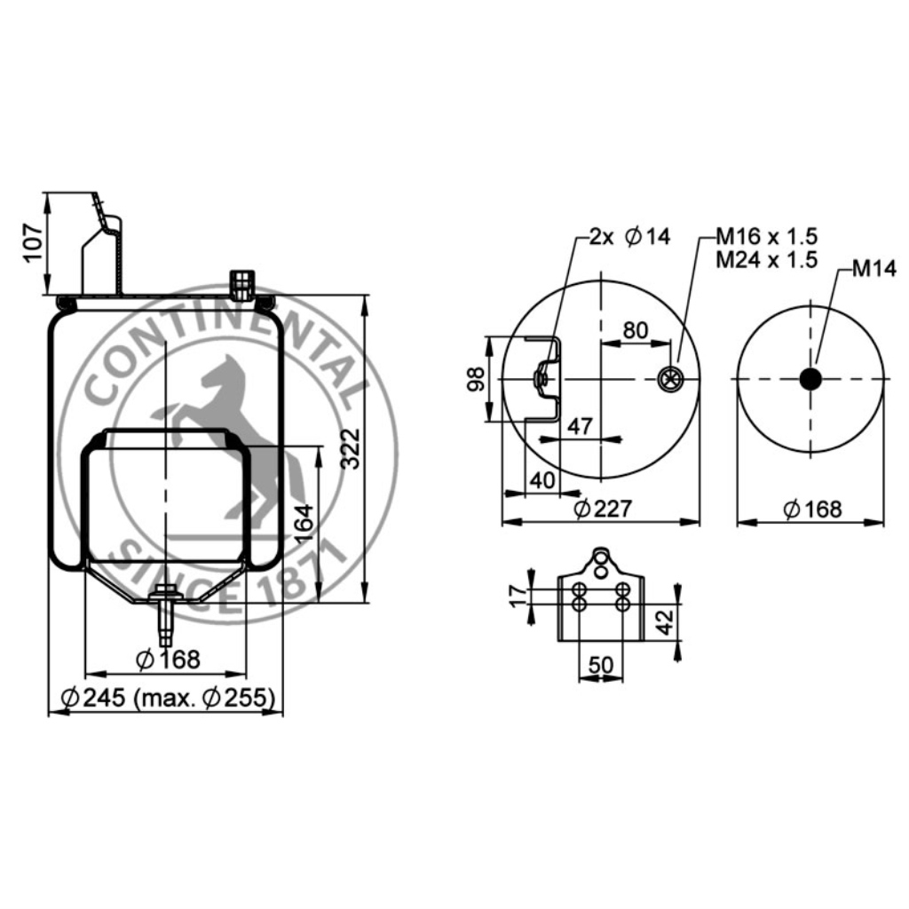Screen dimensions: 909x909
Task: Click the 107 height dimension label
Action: pyautogui.click(x=34, y=241)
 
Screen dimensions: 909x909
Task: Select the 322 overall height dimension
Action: pyautogui.click(x=351, y=448)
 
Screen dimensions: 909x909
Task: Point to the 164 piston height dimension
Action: pyautogui.click(x=304, y=524)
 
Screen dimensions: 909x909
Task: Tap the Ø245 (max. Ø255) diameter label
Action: pyautogui.click(x=168, y=698)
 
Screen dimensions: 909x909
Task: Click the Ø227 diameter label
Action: pyautogui.click(x=603, y=509)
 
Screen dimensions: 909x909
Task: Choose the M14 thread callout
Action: pyautogui.click(x=874, y=268)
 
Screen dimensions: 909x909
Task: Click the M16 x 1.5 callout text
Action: pyautogui.click(x=766, y=236)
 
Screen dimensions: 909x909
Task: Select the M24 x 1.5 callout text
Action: pyautogui.click(x=766, y=259)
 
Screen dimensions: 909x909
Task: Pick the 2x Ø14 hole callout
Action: pyautogui.click(x=629, y=236)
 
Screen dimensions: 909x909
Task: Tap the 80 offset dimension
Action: pyautogui.click(x=635, y=330)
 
